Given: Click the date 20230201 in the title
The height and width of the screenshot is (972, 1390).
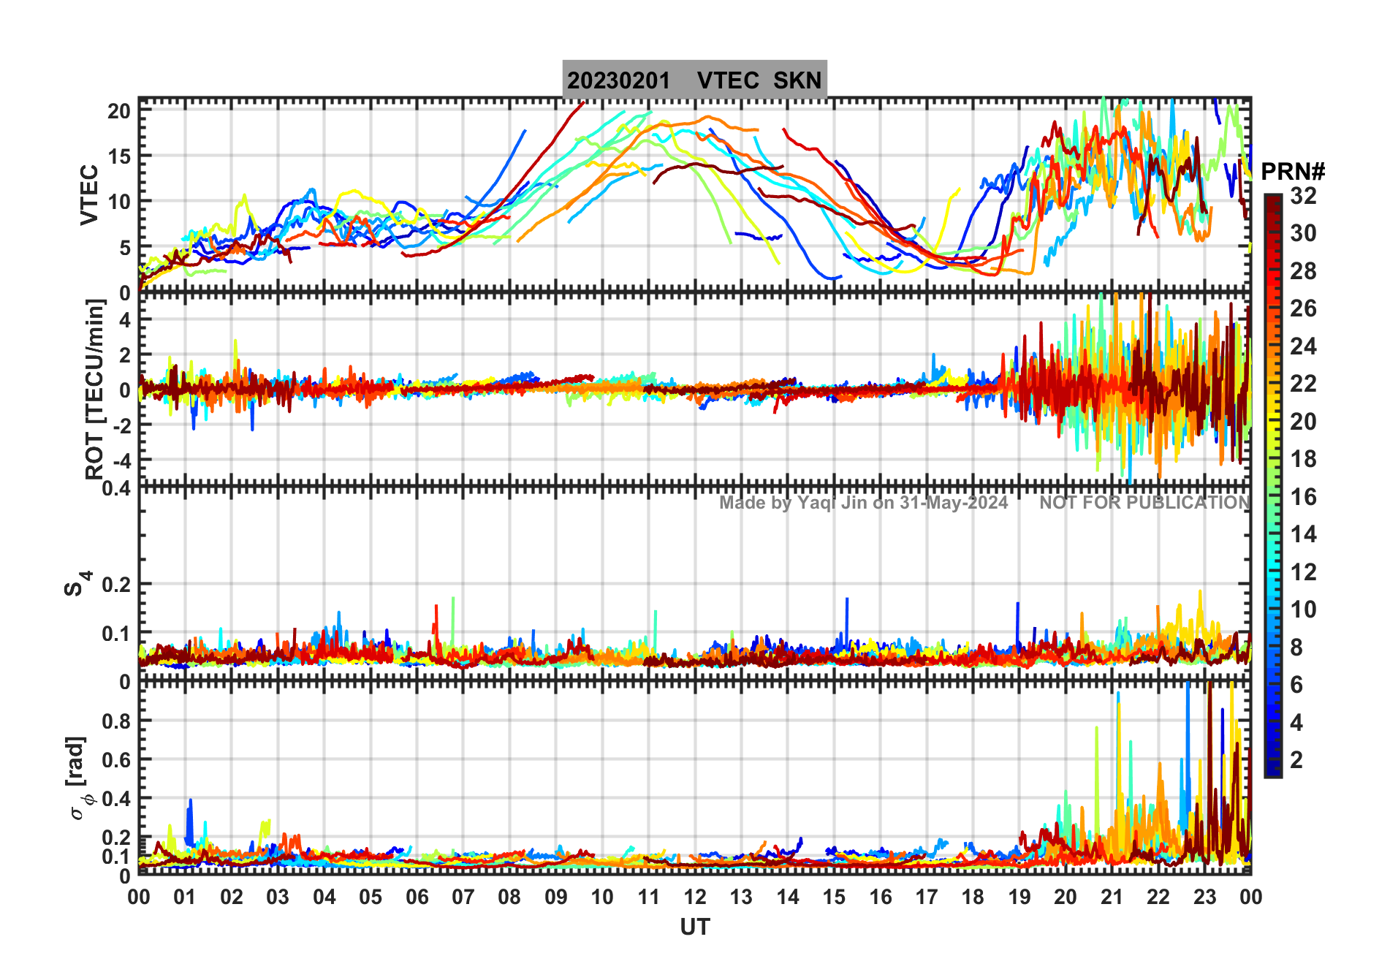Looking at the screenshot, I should click(x=618, y=80).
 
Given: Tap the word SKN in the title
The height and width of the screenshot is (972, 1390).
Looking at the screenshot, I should click(x=797, y=80).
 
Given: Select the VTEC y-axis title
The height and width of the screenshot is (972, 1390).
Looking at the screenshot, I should click(x=89, y=194).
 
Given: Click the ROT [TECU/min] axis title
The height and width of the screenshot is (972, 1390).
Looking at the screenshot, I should click(x=94, y=389).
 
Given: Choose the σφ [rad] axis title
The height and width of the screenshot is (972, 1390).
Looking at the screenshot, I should click(x=79, y=778).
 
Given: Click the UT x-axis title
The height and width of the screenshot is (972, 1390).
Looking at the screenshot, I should click(x=694, y=927).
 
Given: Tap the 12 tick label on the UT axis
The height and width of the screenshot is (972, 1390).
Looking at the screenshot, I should click(x=694, y=897).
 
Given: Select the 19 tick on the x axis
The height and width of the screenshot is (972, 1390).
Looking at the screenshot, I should click(x=1019, y=897).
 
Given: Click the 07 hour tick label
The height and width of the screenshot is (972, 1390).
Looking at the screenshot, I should click(x=463, y=897).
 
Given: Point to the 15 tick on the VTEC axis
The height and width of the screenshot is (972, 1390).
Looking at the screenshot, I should click(x=118, y=156).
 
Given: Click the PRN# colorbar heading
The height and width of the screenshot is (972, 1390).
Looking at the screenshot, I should click(x=1293, y=172).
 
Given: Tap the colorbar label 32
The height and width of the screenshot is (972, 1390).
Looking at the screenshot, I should click(x=1303, y=196).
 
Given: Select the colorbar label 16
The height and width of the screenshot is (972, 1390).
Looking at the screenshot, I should click(x=1303, y=497).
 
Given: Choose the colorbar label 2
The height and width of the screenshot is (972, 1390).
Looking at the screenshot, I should click(x=1296, y=760).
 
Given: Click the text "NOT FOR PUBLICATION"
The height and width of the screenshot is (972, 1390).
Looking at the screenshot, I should click(x=1144, y=503).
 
